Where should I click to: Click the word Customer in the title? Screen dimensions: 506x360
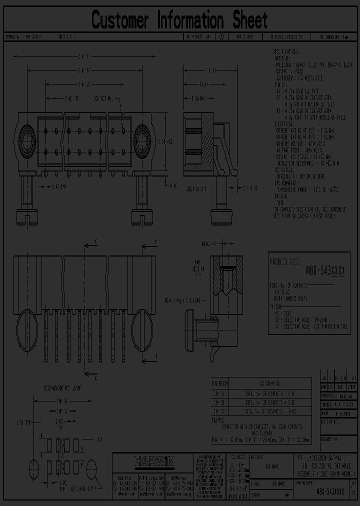[x=120, y=21]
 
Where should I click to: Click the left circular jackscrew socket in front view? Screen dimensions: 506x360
[x=26, y=136]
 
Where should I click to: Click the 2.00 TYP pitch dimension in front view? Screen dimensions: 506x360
[x=58, y=98]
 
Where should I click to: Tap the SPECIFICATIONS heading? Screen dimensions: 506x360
[x=286, y=51]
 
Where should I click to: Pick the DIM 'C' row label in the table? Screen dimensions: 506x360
[x=219, y=411]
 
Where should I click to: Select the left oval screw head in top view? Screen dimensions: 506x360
[x=27, y=328]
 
